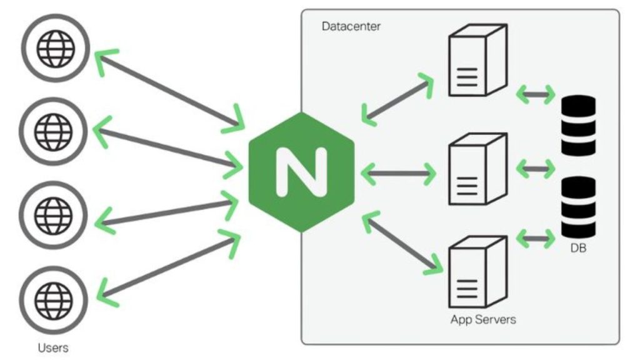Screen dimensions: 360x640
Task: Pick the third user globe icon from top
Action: tap(54, 216)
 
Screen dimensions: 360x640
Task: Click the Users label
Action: tap(53, 347)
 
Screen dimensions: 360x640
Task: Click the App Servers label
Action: tap(483, 319)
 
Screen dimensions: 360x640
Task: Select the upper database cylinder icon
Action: tap(578, 126)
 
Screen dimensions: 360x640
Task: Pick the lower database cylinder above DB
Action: tap(578, 206)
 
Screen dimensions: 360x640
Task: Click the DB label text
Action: tap(578, 248)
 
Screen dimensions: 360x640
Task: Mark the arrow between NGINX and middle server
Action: tap(397, 172)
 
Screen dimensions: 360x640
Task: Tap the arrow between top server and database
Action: tap(536, 96)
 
